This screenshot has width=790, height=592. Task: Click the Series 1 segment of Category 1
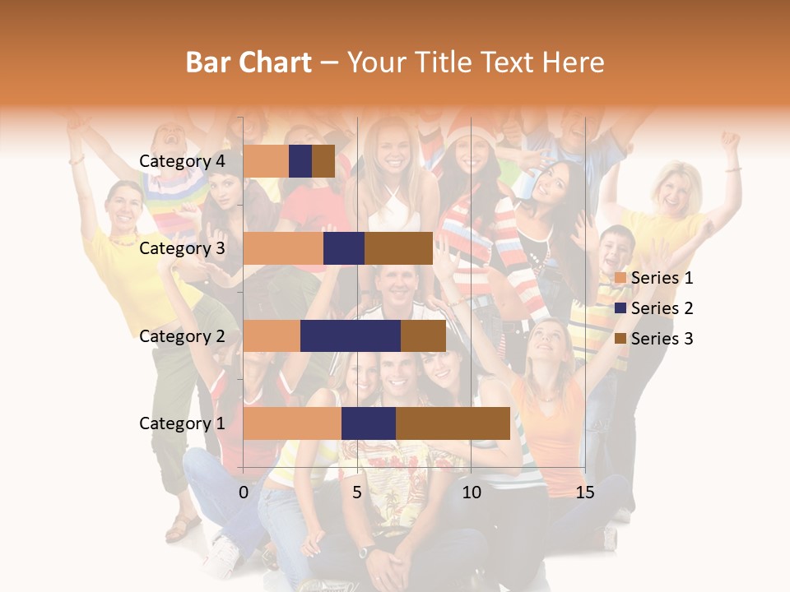pos(292,423)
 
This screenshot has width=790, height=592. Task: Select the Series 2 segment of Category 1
pos(369,423)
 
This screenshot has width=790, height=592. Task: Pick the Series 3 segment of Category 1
pos(453,423)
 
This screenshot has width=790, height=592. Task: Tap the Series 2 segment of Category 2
pos(351,335)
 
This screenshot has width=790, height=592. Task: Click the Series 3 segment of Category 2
pos(423,335)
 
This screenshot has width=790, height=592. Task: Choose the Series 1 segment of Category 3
pos(283,248)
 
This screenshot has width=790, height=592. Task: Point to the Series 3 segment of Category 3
pos(398,248)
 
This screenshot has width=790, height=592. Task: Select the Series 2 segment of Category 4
pos(300,161)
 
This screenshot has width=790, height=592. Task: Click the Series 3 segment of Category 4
pos(323,161)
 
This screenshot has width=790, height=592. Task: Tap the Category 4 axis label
pos(182,161)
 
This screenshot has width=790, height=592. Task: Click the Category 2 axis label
pos(182,335)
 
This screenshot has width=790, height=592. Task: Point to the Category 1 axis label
pos(182,423)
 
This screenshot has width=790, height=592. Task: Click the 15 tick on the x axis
pos(585,493)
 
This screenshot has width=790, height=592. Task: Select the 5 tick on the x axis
pos(357,493)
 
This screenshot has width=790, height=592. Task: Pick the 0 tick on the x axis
pos(244,493)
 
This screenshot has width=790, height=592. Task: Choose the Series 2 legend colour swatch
pos(620,308)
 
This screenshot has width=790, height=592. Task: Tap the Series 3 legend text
pos(662,339)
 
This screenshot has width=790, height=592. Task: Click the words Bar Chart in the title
pos(249,62)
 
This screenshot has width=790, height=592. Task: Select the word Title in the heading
pos(443,62)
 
